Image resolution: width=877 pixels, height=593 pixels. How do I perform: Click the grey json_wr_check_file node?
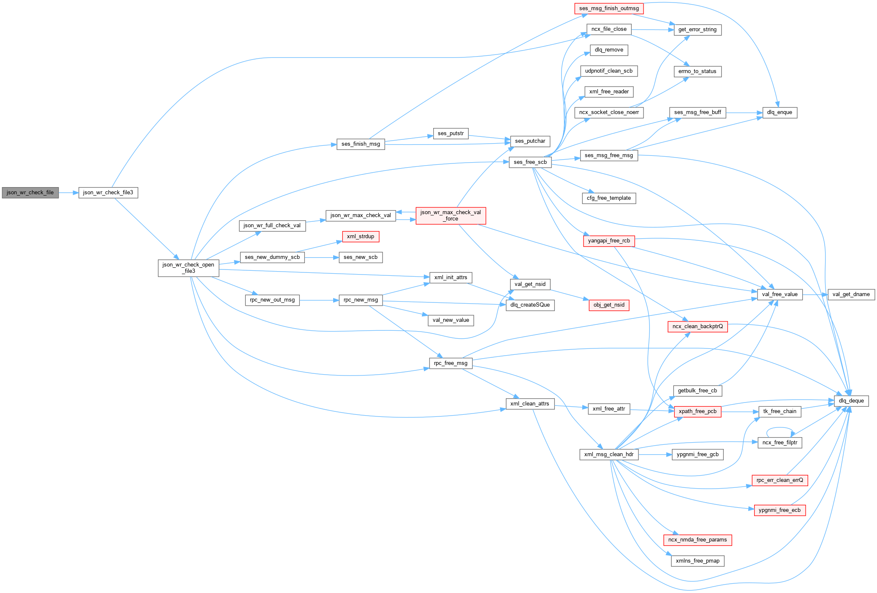(x=30, y=193)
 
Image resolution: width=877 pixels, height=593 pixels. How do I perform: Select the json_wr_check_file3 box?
(x=108, y=193)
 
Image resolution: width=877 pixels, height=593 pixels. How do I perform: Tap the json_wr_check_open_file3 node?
(x=188, y=268)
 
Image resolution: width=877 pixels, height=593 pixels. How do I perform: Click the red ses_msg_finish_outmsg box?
(x=609, y=8)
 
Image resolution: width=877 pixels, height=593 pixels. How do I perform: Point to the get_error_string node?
(x=697, y=30)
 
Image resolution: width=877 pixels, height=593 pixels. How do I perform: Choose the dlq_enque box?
(x=779, y=112)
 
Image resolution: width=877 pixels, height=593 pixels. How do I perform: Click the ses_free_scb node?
(x=530, y=162)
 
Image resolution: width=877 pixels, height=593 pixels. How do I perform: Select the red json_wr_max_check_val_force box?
(x=451, y=215)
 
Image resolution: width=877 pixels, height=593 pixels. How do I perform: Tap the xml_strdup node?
(x=360, y=237)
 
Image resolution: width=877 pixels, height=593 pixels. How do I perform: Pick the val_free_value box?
(x=779, y=294)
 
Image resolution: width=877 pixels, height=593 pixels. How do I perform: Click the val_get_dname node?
(x=851, y=294)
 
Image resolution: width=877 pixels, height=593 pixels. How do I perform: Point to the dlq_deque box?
(x=851, y=401)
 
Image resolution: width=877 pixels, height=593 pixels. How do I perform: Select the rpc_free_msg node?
(x=451, y=363)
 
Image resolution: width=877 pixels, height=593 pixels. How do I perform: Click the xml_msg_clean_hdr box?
(x=608, y=454)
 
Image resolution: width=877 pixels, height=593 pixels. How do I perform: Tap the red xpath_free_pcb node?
(x=697, y=411)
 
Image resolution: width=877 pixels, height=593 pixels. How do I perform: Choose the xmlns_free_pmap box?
(x=697, y=561)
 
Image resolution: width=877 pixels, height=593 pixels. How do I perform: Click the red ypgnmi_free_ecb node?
(x=779, y=510)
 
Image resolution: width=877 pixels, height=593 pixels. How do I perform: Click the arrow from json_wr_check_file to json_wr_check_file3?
(x=68, y=193)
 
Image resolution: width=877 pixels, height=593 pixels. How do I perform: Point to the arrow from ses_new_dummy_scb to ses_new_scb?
(x=321, y=257)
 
